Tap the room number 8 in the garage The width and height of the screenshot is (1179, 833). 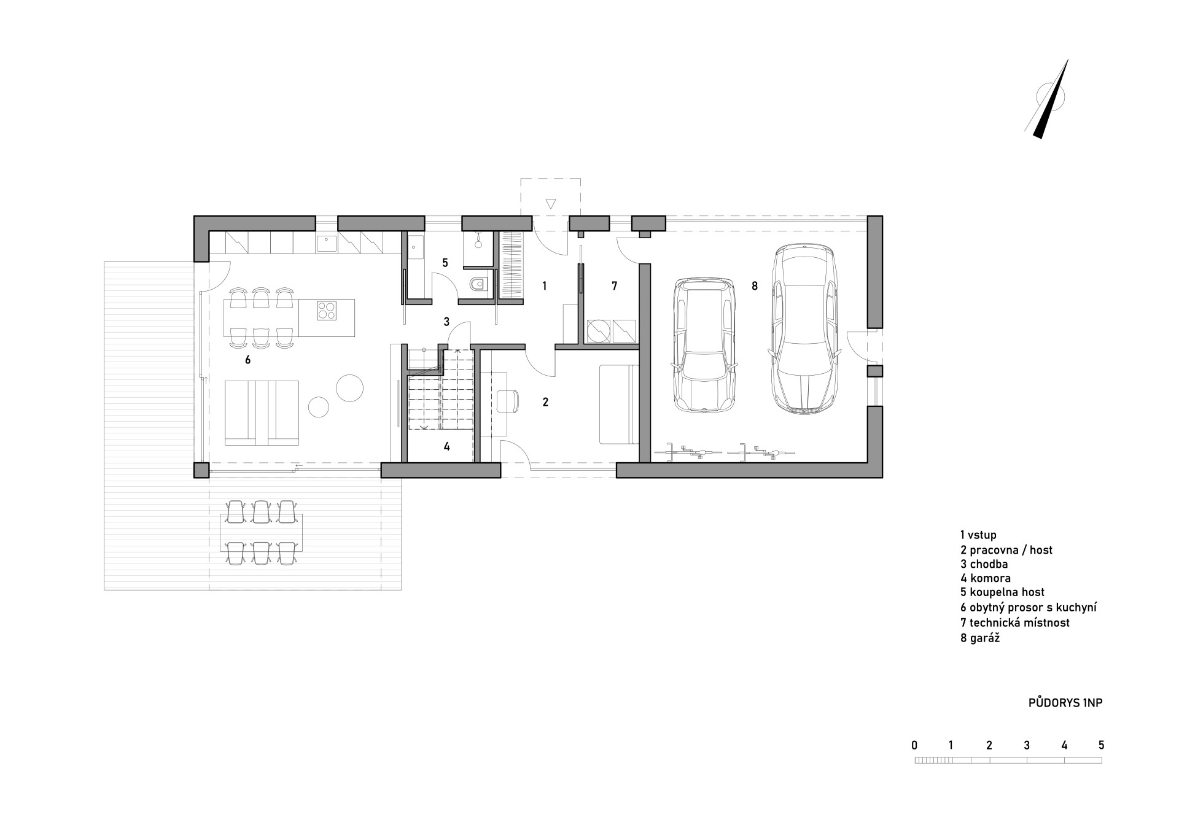point(755,285)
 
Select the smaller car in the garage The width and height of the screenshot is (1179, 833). point(705,345)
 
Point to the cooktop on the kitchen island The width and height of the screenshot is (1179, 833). point(327,311)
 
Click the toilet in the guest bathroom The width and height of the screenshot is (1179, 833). point(477,284)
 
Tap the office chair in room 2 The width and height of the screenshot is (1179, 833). point(507,401)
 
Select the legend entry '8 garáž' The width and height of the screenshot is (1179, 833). point(981,638)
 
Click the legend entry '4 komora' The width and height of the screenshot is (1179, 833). point(986,578)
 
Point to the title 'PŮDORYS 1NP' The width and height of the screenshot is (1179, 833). point(1065,703)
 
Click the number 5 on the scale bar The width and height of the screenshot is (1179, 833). point(1102,745)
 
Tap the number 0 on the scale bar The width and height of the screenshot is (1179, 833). point(915,745)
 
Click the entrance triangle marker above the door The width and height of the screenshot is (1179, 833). point(551,204)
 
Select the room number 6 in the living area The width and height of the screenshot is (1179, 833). point(247,360)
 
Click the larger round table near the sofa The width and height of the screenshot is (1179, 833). point(349,387)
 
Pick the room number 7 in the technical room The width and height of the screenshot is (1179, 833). point(614,285)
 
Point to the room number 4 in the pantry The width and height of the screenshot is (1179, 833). point(447,446)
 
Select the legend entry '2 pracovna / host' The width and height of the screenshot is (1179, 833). point(1006,550)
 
